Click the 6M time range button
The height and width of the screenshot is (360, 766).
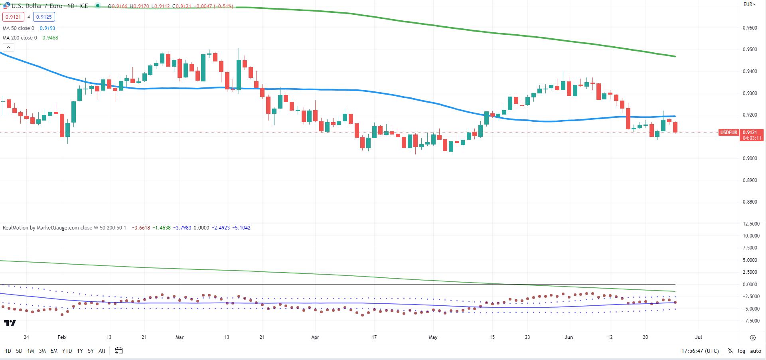click(54, 351)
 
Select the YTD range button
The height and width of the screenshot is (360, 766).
click(67, 351)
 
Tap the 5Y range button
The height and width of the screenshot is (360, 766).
click(91, 351)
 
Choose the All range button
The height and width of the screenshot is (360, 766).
click(102, 351)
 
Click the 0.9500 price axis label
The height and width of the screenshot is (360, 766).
click(750, 50)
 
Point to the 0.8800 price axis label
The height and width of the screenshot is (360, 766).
click(750, 202)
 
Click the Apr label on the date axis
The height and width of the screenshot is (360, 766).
click(315, 337)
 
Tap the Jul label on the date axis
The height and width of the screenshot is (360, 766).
click(698, 337)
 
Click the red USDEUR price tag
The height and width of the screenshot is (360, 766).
click(728, 133)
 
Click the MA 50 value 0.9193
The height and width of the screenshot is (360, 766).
click(47, 28)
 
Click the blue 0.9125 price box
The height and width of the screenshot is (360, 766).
click(44, 17)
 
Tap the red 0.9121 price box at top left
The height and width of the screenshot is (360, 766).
click(13, 17)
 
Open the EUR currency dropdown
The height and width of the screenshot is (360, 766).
click(749, 4)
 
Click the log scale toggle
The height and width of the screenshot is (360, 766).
click(741, 351)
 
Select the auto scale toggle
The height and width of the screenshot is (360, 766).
click(756, 351)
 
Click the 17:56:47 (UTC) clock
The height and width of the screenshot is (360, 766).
click(700, 351)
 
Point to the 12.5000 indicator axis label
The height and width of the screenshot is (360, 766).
click(751, 224)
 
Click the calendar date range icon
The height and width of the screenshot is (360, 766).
click(118, 351)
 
